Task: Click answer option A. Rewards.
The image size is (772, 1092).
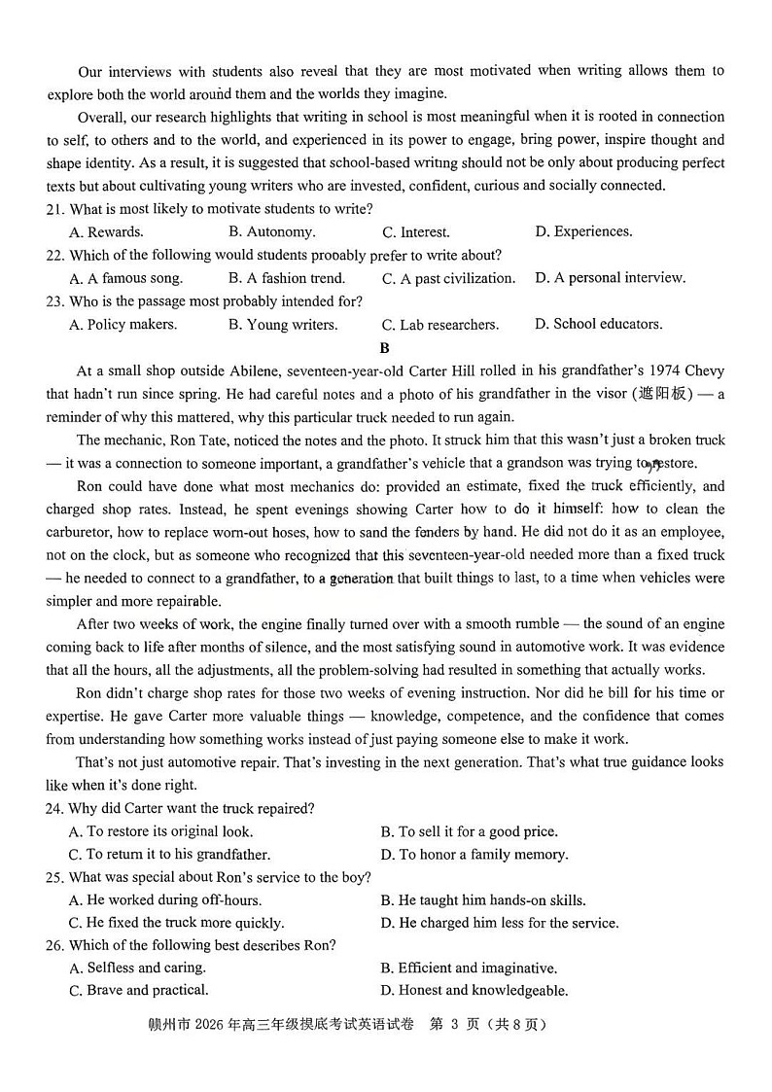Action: pos(106,232)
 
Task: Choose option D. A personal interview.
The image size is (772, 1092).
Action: pos(610,278)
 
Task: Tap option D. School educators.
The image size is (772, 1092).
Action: pos(598,325)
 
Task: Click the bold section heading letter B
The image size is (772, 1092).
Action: pos(385,348)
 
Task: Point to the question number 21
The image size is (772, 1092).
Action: pos(54,209)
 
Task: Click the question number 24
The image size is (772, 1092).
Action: pos(54,809)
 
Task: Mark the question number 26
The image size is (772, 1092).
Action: pos(54,945)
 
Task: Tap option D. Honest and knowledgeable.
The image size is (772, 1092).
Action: pos(474,991)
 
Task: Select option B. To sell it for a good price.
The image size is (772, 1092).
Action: pos(469,832)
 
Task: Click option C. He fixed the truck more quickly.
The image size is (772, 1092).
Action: pos(176,923)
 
